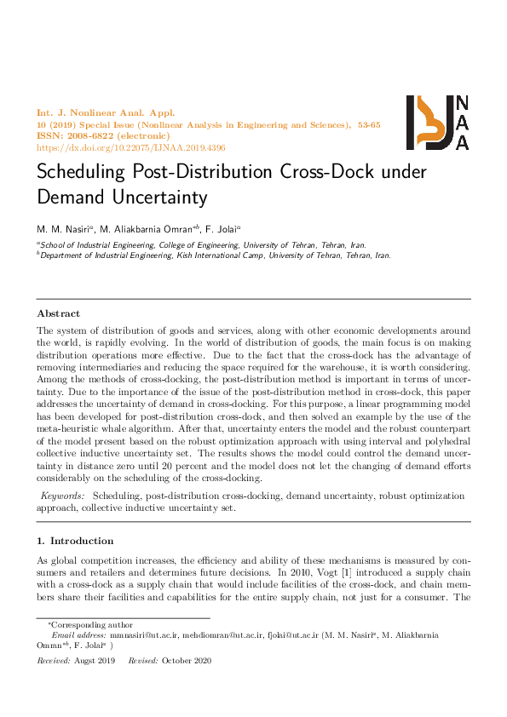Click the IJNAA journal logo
coord(436,122)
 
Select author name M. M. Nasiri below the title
coord(64,228)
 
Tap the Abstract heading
coord(58,313)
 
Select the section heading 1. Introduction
coord(76,541)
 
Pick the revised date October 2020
coord(186,661)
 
